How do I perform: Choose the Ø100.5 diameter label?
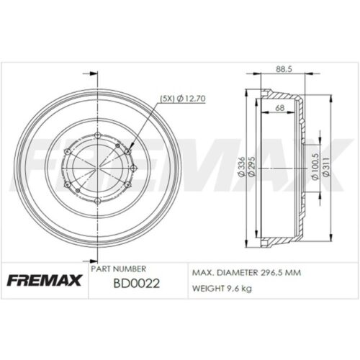[x=315, y=168]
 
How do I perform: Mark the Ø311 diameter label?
[x=326, y=168]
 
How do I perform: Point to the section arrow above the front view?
[x=91, y=73]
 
